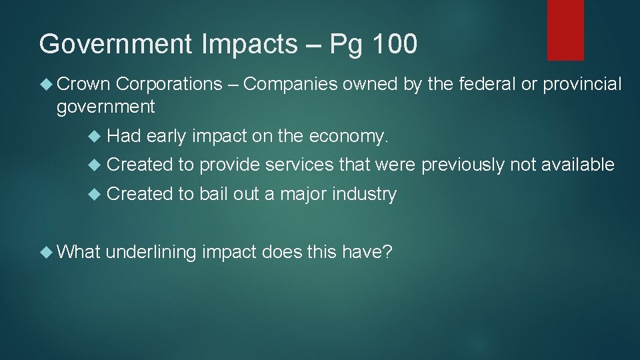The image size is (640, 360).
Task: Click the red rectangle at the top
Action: click(x=565, y=29)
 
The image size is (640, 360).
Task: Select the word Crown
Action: click(x=83, y=84)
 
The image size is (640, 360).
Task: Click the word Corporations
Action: click(x=169, y=84)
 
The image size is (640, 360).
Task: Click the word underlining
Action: click(x=151, y=253)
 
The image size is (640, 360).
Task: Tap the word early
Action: click(x=166, y=137)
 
